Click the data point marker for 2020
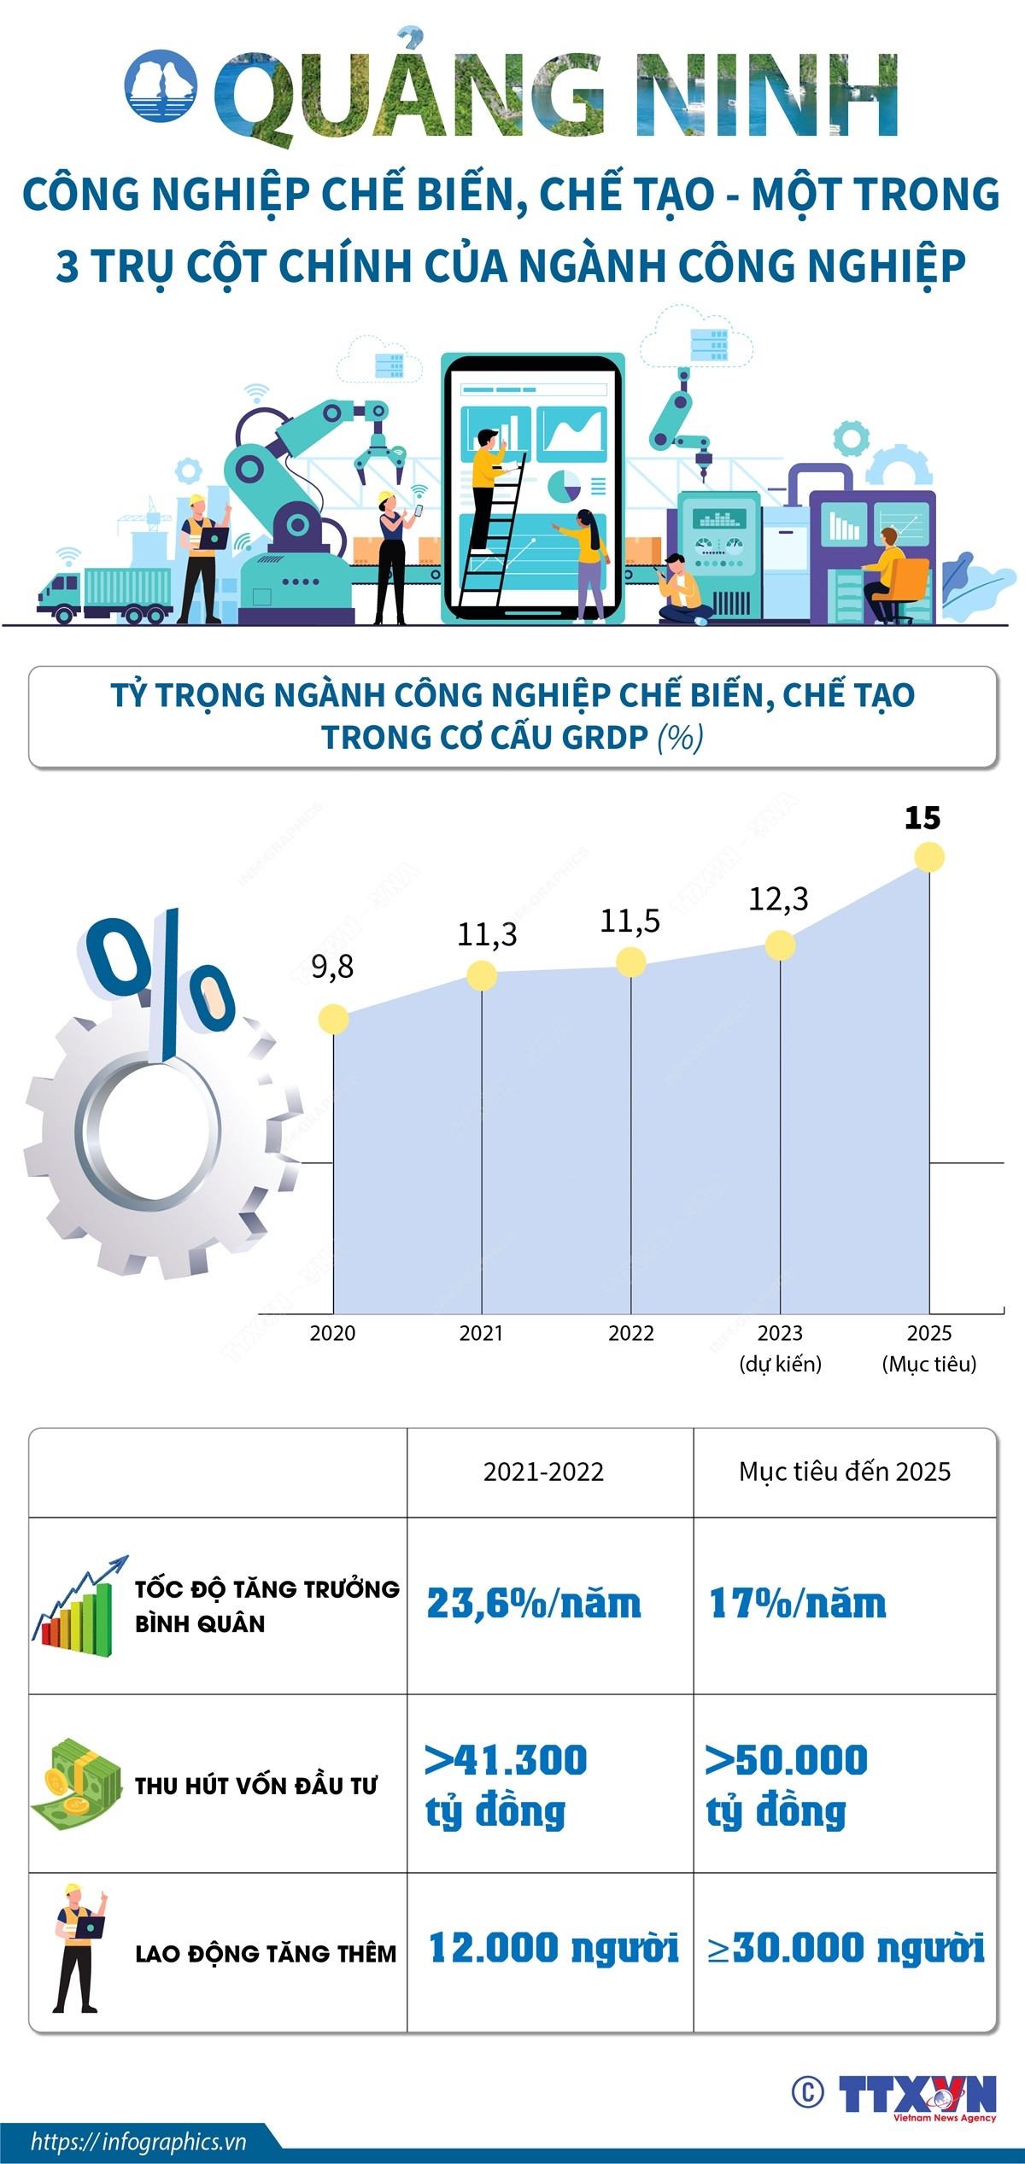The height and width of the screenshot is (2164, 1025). (333, 1019)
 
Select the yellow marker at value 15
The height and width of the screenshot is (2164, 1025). (928, 857)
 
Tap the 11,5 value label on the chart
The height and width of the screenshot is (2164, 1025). (630, 921)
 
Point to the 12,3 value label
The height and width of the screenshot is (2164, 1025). (778, 898)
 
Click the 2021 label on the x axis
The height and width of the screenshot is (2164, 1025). (481, 1333)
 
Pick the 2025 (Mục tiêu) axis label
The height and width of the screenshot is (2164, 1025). (928, 1348)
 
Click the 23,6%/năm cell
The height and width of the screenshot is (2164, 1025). (534, 1604)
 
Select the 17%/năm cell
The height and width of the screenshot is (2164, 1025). (798, 1604)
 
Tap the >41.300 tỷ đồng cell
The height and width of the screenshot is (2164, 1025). (506, 1785)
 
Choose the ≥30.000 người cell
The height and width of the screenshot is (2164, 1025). (846, 1949)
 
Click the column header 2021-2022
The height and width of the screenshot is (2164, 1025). (543, 1471)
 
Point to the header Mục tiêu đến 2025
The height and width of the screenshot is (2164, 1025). (844, 1471)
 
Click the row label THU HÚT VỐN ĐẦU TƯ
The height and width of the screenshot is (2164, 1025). (255, 1785)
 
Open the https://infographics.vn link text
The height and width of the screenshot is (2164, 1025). (138, 2141)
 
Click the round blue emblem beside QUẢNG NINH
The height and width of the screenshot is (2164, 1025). (161, 85)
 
